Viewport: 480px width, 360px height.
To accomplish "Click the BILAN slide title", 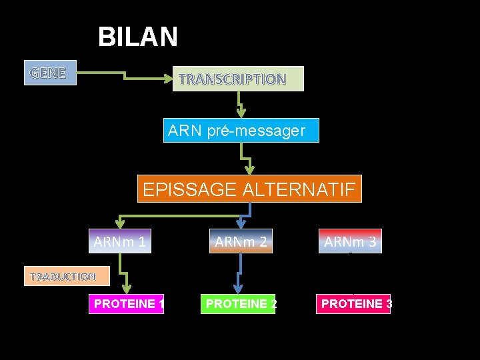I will click(x=138, y=37).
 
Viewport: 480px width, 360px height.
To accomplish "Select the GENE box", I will click(x=49, y=72).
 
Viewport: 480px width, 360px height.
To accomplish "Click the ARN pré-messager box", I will click(x=241, y=131).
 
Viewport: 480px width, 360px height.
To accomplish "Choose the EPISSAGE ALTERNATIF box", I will click(x=249, y=189).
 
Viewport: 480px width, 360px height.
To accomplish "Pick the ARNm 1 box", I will click(x=120, y=241).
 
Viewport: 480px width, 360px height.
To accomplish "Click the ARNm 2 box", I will click(x=241, y=241).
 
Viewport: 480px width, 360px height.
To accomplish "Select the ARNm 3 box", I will click(x=351, y=241).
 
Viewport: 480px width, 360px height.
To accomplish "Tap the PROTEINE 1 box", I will click(x=127, y=304).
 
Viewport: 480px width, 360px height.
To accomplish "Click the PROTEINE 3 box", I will click(x=354, y=304).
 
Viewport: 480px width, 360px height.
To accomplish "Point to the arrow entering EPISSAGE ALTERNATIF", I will click(x=247, y=160).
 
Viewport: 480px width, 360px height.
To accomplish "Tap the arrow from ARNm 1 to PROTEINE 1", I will click(x=124, y=274).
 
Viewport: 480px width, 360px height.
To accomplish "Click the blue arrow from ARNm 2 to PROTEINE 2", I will click(x=240, y=273).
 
